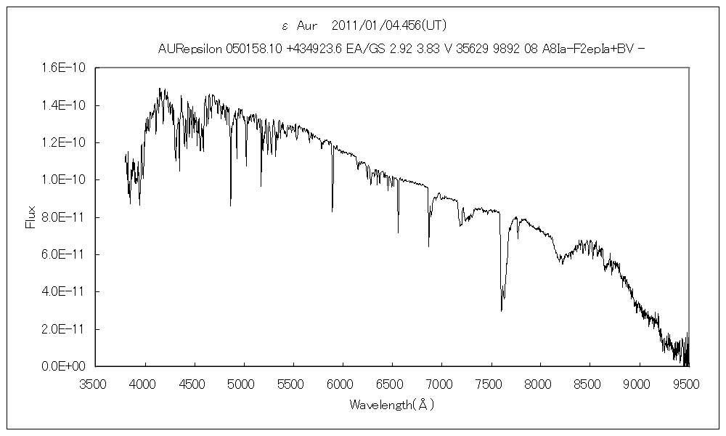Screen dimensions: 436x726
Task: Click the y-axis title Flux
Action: point(30,217)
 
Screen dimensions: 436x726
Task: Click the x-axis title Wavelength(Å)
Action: point(391,404)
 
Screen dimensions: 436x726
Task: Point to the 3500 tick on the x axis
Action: point(96,380)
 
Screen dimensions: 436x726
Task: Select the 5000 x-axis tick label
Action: point(244,380)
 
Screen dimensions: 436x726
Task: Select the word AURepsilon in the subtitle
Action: point(190,49)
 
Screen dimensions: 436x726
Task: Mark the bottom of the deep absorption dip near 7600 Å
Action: point(502,311)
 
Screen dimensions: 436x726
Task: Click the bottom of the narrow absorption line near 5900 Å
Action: point(333,211)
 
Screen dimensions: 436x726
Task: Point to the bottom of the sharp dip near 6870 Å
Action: point(428,246)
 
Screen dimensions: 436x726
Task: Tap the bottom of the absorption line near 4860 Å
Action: point(231,206)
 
